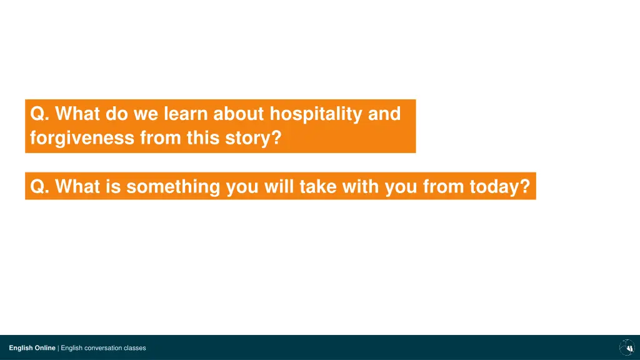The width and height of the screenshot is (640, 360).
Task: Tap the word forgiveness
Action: [82, 137]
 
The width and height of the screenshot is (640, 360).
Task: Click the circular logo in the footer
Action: [626, 347]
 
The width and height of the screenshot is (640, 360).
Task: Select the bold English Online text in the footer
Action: [32, 347]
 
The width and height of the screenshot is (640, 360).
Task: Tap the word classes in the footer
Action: [135, 347]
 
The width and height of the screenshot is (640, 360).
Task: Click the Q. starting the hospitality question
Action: [39, 114]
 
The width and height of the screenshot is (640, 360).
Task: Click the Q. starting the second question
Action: [39, 187]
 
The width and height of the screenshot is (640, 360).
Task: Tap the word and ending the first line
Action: [384, 114]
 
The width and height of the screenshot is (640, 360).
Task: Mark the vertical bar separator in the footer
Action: [58, 347]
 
